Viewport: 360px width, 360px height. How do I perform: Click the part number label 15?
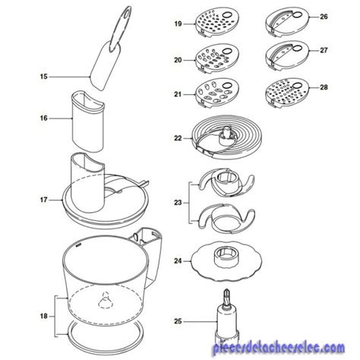[43, 77]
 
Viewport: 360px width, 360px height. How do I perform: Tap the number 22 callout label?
[178, 138]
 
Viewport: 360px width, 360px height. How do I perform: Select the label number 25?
[178, 321]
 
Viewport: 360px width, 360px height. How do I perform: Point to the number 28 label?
[324, 87]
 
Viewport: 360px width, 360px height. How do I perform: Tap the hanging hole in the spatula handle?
[126, 14]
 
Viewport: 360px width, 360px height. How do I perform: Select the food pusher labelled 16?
[88, 122]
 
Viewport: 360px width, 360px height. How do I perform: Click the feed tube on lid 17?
[87, 182]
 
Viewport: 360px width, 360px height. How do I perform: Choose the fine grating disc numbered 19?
[217, 22]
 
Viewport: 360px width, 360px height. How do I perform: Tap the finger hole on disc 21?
[227, 86]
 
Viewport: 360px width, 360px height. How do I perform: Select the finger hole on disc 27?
[297, 48]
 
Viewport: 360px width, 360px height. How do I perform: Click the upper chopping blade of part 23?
[226, 185]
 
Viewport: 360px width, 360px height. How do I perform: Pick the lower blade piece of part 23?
[226, 219]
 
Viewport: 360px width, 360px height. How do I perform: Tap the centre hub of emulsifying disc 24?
[226, 256]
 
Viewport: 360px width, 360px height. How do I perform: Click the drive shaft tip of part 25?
[227, 295]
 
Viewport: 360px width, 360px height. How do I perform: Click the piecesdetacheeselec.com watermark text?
[279, 348]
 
